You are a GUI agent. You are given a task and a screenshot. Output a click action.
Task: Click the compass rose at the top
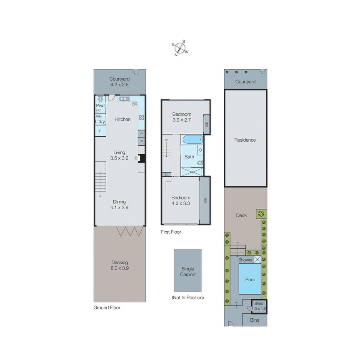tap(180, 48)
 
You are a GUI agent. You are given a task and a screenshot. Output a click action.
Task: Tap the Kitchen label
tap(123, 120)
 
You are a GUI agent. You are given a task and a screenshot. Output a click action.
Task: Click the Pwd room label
tap(100, 106)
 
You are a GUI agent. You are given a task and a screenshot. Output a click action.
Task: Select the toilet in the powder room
tap(100, 99)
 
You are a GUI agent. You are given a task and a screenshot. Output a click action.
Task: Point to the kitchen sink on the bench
tap(124, 99)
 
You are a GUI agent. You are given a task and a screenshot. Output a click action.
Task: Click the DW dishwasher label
tap(135, 104)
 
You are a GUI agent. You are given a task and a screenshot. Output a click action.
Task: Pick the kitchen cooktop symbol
tap(142, 117)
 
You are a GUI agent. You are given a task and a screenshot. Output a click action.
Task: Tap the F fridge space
tap(100, 131)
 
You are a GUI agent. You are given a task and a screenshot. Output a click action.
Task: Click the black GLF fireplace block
tap(142, 158)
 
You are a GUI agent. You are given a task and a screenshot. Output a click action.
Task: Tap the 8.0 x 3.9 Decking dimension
tap(120, 268)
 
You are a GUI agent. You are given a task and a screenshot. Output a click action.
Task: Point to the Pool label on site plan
tap(250, 280)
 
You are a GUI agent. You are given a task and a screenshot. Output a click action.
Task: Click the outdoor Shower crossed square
tap(258, 260)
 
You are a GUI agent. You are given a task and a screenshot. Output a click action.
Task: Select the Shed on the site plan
tap(259, 306)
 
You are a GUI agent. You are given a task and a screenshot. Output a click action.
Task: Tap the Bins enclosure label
tap(255, 320)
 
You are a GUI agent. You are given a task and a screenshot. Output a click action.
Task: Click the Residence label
tap(245, 140)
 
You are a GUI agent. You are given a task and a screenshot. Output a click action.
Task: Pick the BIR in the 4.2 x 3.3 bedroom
tap(205, 200)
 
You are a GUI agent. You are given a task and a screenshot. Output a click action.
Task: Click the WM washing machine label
tap(99, 117)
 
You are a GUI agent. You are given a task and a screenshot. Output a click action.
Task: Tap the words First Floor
tap(171, 232)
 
